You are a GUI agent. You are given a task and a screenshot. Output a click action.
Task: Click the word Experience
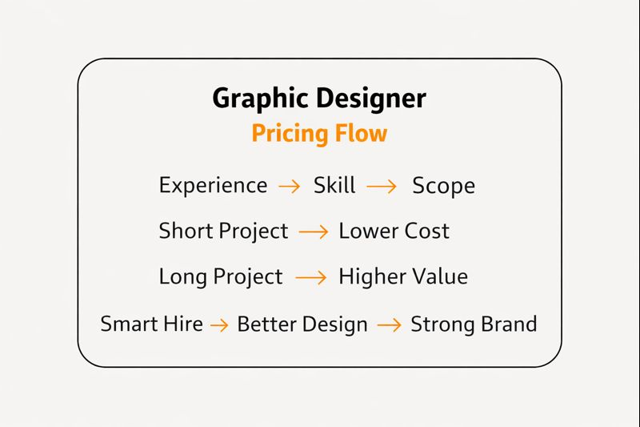point(213,186)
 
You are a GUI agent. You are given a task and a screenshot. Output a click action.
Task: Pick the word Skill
point(334,186)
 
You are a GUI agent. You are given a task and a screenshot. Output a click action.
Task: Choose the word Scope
point(443,186)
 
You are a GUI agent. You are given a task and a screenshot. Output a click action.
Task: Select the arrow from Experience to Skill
point(290,186)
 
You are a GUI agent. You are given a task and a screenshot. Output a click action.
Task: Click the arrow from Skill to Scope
point(382,186)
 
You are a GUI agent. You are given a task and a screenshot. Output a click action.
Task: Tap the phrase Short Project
point(223,232)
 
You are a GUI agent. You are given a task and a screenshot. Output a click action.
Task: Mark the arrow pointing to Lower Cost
point(313,232)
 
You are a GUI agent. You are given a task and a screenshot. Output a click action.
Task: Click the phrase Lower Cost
point(394,232)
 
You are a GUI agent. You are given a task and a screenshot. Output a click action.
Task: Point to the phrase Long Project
point(221,277)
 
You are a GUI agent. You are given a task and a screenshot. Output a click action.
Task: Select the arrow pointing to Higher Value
point(311,277)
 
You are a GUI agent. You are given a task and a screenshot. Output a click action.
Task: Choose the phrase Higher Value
point(403,277)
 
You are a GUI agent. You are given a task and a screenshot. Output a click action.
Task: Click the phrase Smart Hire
point(151,324)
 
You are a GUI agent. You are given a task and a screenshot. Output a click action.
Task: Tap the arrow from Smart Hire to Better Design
point(220,324)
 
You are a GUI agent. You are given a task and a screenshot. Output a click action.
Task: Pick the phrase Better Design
point(302,324)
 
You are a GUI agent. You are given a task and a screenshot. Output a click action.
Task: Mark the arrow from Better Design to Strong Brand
point(389,324)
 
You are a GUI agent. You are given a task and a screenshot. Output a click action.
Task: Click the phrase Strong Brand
point(474,324)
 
